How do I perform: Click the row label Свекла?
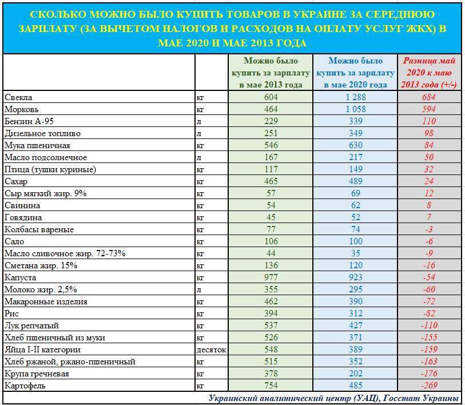[x=18, y=97]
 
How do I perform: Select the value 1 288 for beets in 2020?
[x=355, y=97]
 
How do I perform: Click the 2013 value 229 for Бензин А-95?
[x=271, y=121]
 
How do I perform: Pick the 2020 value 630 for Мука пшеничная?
[x=355, y=145]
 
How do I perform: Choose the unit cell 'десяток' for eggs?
[x=211, y=350]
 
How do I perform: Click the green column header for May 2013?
[x=271, y=73]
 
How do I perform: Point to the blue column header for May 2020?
[x=355, y=73]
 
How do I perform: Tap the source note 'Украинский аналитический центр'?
[x=292, y=398]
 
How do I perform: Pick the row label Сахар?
[x=16, y=181]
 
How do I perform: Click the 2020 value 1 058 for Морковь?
[x=355, y=109]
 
